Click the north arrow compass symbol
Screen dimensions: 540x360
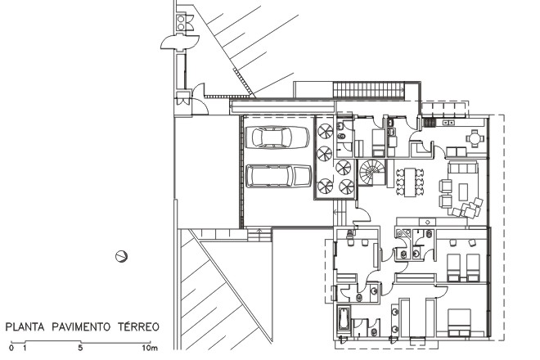(121, 256)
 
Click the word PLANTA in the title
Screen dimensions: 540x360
(25, 326)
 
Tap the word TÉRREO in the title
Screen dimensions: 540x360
(138, 326)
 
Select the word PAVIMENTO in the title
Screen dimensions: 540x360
(81, 326)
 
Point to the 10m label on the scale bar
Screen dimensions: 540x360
(150, 348)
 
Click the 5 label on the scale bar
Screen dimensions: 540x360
(80, 348)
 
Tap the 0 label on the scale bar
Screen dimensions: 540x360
(11, 348)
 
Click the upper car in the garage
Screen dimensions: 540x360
(277, 137)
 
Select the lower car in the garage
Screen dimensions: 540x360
(279, 176)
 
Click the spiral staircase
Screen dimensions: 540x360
(371, 172)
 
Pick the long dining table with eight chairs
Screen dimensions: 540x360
(409, 182)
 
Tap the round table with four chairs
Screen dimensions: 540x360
(475, 138)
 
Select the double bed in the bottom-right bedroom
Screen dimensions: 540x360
(459, 322)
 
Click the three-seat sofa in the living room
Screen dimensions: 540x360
(462, 168)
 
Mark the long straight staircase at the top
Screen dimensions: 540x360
(368, 90)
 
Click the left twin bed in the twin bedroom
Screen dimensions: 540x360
(453, 268)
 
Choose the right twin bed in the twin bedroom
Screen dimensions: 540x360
(473, 268)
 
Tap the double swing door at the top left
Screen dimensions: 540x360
(180, 42)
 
